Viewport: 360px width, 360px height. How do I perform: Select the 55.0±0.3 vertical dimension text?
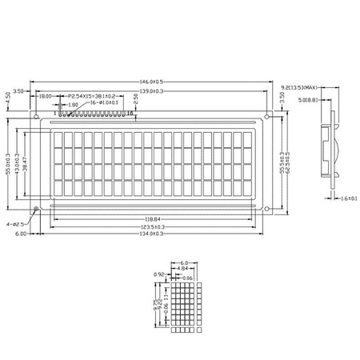tap(9, 164)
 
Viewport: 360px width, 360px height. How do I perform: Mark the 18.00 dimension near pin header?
tap(46, 96)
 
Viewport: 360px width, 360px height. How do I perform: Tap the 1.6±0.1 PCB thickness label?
tap(348, 198)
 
